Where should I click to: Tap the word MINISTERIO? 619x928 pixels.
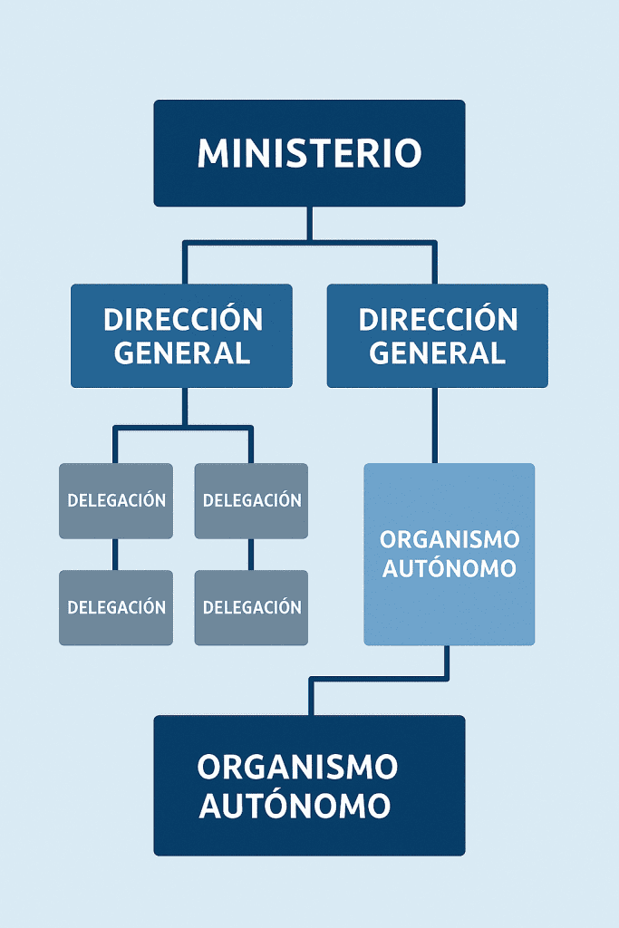tap(309, 153)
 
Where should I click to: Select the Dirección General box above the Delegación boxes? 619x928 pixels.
tap(181, 335)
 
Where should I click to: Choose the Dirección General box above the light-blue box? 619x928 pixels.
tap(437, 335)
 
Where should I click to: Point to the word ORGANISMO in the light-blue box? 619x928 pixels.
tap(450, 539)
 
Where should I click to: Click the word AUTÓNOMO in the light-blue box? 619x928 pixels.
tap(450, 569)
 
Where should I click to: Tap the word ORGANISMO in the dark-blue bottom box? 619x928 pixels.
tap(297, 768)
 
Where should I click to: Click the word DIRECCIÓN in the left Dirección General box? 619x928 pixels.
tap(183, 320)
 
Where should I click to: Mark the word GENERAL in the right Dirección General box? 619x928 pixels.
tap(437, 353)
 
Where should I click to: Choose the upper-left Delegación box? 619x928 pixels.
tap(116, 500)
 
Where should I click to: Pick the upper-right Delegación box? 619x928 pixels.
tap(251, 500)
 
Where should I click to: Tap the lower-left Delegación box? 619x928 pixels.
tap(116, 607)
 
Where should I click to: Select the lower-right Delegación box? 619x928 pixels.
tap(251, 607)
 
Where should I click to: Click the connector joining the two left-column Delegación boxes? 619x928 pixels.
tap(115, 555)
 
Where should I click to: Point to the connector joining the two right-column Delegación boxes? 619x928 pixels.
tap(251, 555)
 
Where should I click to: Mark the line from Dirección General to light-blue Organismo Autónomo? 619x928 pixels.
tap(435, 425)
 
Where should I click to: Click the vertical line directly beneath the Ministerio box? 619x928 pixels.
tap(310, 223)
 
